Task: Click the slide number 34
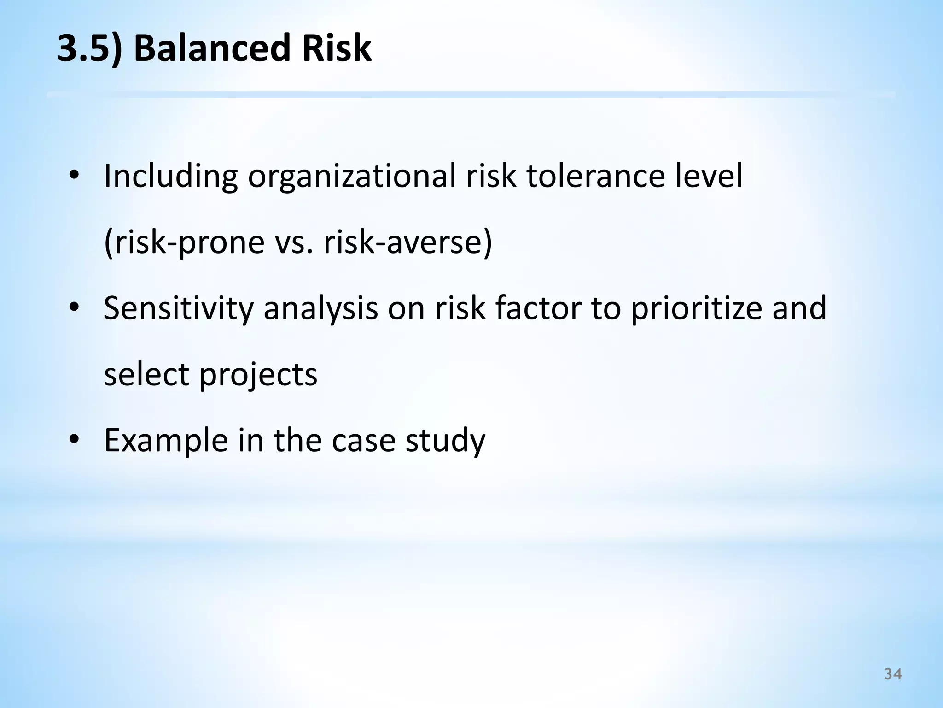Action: tap(893, 674)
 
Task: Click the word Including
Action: tap(171, 177)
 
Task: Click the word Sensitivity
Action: tap(179, 308)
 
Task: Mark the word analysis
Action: tap(320, 309)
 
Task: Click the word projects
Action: tap(258, 375)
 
